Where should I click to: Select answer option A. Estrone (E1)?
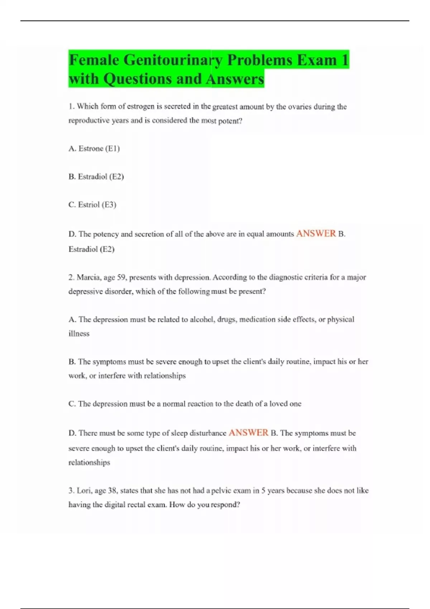(x=94, y=148)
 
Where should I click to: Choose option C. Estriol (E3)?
(x=92, y=205)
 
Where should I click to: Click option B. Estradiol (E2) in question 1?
(x=96, y=177)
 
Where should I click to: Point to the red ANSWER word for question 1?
(x=316, y=234)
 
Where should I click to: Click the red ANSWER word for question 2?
(x=248, y=433)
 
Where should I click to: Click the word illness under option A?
(x=79, y=334)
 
